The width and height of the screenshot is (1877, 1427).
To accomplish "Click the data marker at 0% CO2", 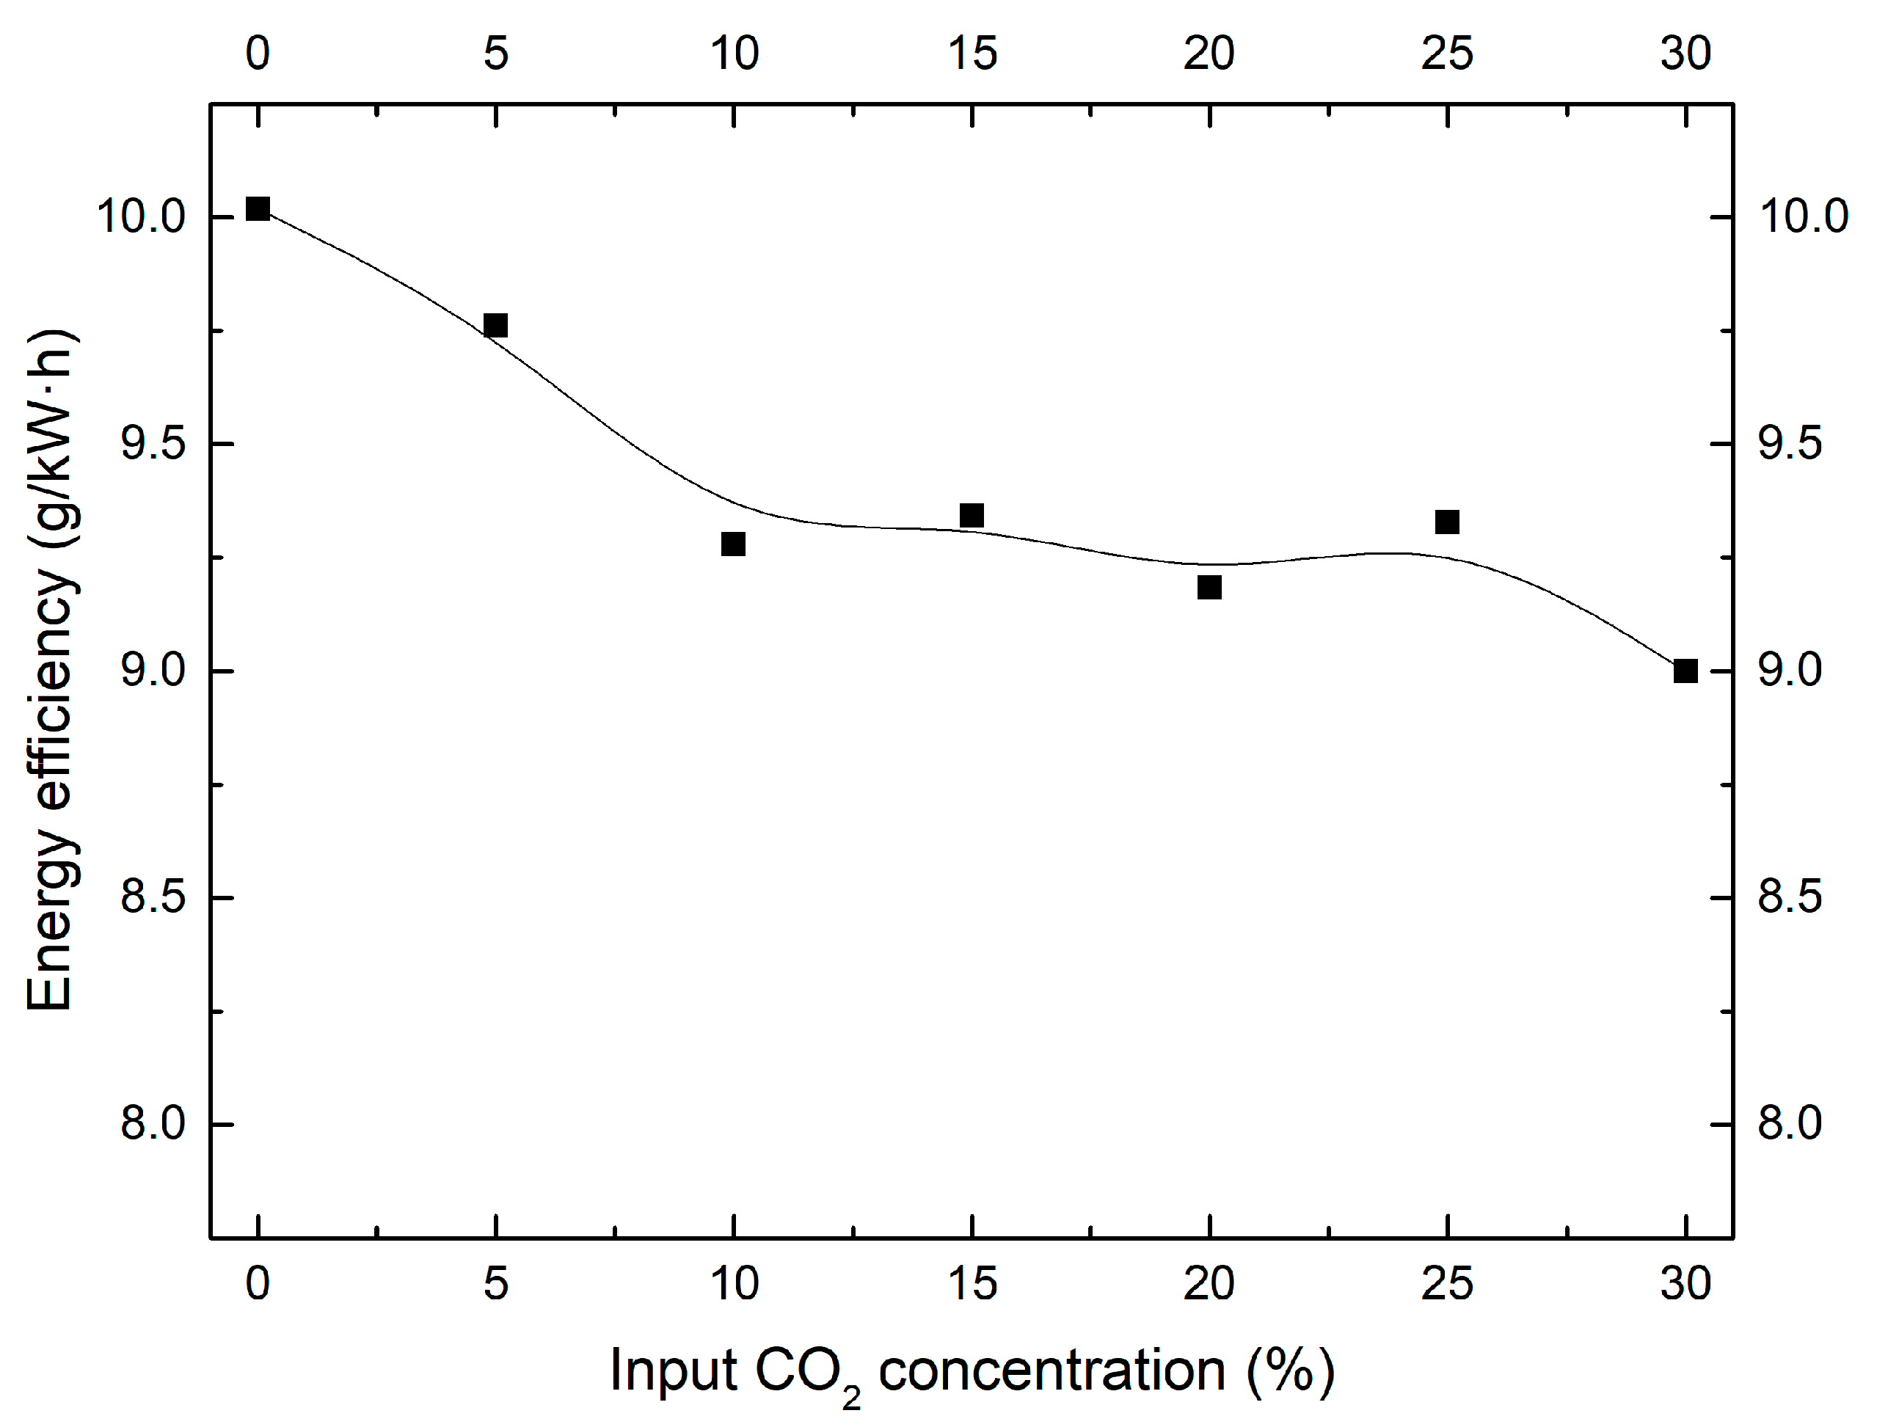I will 258,209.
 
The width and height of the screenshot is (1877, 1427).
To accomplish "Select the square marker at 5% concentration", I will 495,325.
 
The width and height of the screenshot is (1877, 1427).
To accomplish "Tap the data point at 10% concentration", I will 733,544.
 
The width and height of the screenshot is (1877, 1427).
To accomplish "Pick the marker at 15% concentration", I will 972,516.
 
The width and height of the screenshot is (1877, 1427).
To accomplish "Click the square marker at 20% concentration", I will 1209,587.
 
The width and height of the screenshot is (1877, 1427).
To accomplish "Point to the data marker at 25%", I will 1447,522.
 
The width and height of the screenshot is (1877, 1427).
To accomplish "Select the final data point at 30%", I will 1685,671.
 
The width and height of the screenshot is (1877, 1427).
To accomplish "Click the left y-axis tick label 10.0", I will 141,216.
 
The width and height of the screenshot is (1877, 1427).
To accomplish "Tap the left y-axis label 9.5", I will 153,443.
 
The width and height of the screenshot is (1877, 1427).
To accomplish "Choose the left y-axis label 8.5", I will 153,897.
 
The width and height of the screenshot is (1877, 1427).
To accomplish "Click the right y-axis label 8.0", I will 1790,1124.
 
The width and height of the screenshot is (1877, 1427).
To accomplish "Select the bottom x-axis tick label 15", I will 972,1283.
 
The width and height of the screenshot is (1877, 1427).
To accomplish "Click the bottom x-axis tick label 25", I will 1447,1283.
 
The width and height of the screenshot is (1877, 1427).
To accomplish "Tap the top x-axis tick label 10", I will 734,54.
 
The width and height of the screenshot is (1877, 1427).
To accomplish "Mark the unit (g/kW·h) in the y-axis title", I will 53,442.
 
